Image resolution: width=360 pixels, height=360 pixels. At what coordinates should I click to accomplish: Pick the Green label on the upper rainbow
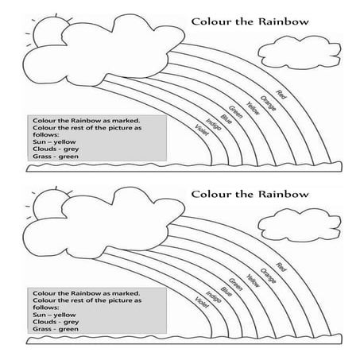pos(236,111)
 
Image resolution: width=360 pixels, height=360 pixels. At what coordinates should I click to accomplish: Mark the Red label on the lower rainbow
pos(280,268)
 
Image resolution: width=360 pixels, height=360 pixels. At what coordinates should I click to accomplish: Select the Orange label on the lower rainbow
pos(267,274)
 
